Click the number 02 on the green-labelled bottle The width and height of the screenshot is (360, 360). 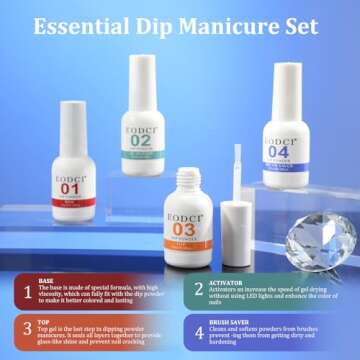pos(141,140)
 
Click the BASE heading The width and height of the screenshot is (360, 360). pos(47,281)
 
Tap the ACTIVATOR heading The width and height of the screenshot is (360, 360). pos(228,281)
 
